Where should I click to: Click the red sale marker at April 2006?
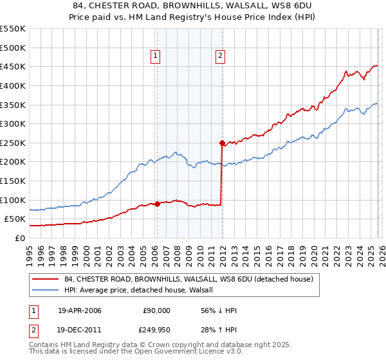[157, 204]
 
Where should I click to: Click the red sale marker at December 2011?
[222, 143]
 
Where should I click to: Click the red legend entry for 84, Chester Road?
[188, 279]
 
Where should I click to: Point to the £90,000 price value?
[156, 310]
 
